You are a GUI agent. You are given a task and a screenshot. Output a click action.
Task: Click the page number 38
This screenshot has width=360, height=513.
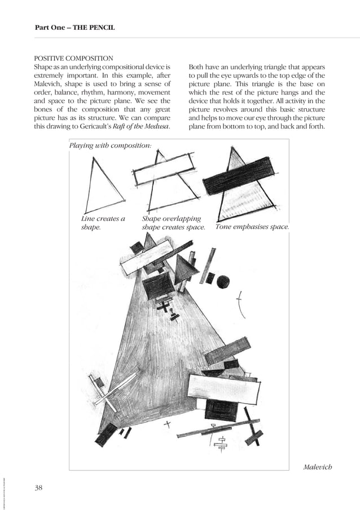pyautogui.click(x=39, y=488)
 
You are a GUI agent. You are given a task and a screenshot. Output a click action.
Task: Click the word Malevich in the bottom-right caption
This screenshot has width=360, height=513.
pyautogui.click(x=317, y=467)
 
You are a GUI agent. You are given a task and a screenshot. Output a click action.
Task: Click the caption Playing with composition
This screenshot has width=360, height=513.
pyautogui.click(x=110, y=145)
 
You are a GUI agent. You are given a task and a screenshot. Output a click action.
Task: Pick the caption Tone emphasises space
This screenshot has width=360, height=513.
pyautogui.click(x=252, y=227)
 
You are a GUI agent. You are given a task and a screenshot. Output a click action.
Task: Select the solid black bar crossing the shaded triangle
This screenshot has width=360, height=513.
pyautogui.click(x=239, y=175)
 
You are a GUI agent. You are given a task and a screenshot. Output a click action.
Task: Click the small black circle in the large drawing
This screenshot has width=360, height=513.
pyautogui.click(x=223, y=281)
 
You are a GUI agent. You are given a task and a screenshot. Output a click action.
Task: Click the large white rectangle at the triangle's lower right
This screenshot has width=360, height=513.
pyautogui.click(x=223, y=388)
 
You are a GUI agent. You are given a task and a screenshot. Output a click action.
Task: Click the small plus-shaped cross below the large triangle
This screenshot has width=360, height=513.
pyautogui.click(x=166, y=423)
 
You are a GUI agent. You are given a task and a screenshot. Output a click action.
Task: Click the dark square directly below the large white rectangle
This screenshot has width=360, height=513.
pyautogui.click(x=221, y=410)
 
